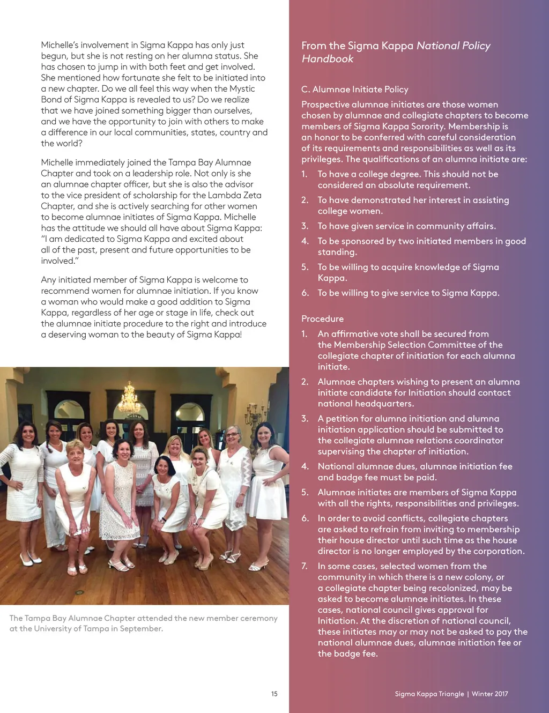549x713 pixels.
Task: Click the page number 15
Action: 274,694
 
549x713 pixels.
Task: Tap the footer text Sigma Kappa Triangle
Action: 429,694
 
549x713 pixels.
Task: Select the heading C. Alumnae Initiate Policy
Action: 354,90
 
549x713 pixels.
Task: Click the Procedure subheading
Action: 322,319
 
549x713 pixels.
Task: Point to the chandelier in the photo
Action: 129,397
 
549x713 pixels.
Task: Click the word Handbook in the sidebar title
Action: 328,59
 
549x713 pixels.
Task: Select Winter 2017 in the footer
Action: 489,694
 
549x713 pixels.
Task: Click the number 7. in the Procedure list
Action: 305,566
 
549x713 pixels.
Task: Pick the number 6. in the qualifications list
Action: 305,293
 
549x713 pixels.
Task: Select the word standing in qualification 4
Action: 337,252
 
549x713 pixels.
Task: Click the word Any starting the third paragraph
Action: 48,280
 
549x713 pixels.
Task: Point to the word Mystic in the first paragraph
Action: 242,88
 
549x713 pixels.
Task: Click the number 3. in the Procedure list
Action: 305,419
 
